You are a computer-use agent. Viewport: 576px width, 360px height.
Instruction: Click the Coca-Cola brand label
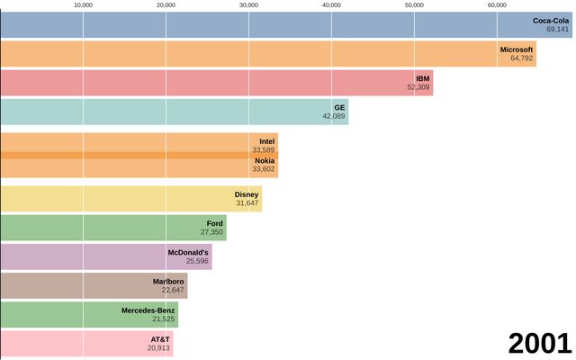[551, 20]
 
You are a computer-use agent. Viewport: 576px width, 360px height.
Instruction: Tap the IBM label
[423, 78]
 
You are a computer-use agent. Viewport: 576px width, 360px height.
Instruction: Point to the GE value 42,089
[334, 116]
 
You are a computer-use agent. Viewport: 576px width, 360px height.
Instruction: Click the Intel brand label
[266, 141]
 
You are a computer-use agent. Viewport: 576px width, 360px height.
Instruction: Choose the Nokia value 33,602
[264, 169]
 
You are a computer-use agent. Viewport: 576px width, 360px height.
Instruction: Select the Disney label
[247, 194]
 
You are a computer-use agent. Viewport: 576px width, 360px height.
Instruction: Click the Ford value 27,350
[211, 232]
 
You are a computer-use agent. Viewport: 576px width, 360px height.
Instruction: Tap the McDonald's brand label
[188, 252]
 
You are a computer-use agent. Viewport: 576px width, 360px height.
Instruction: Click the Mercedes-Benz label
[148, 310]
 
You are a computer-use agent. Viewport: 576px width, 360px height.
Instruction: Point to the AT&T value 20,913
[158, 347]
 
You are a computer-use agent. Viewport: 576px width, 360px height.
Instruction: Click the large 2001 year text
[539, 343]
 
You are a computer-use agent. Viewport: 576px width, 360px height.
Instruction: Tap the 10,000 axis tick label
[84, 5]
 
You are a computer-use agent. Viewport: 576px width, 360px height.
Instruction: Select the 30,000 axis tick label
[249, 5]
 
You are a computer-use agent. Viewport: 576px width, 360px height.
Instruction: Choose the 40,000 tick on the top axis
[332, 5]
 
